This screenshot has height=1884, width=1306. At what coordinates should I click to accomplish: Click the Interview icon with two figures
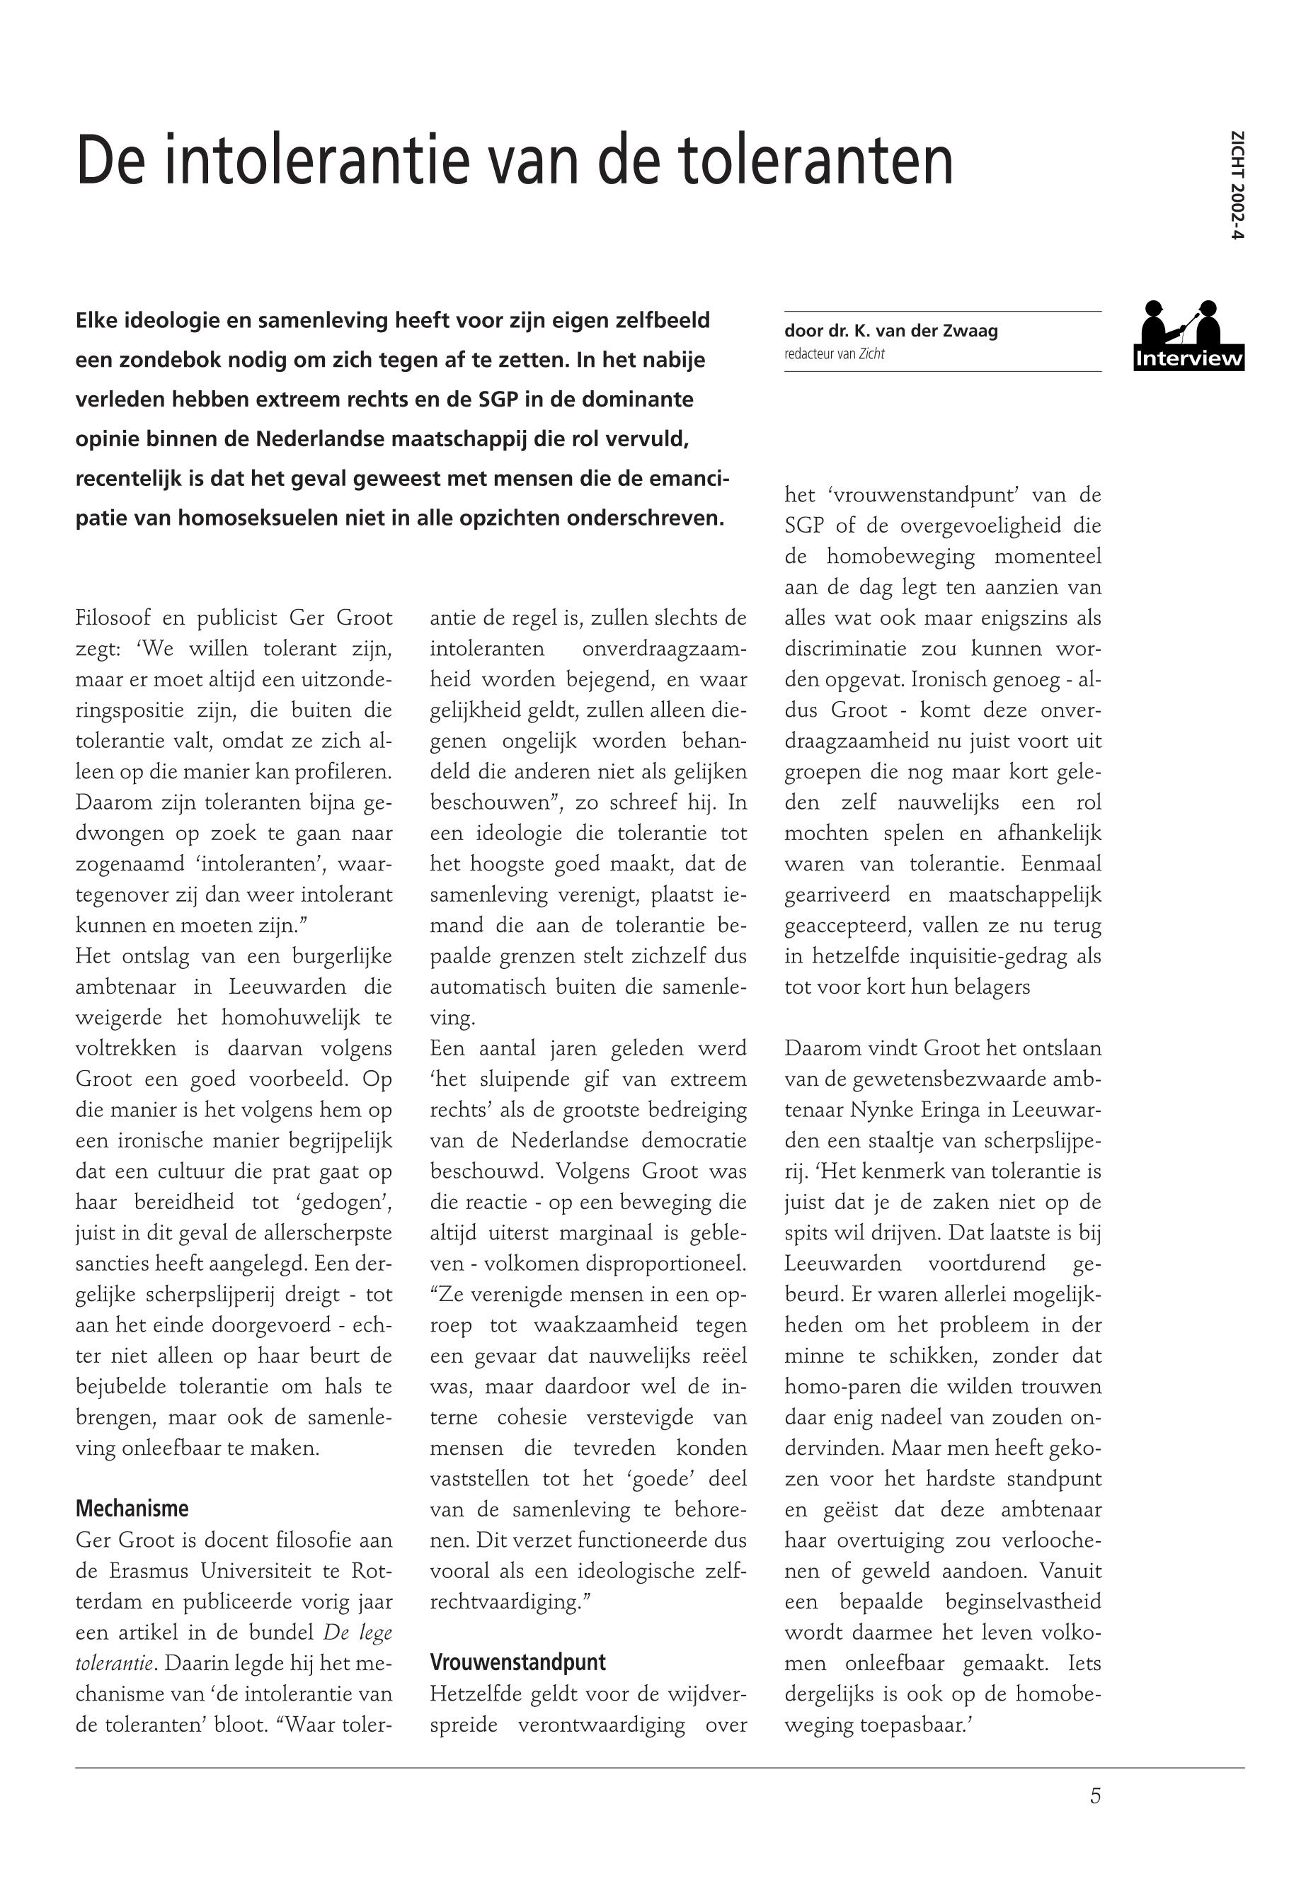(1188, 335)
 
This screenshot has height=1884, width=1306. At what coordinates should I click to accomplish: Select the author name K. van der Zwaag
(927, 331)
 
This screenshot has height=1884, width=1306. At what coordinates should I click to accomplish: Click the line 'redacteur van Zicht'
(834, 355)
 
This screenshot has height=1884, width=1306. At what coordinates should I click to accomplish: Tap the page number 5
(1096, 1795)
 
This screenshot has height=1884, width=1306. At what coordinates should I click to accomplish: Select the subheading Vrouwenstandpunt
(518, 1662)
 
